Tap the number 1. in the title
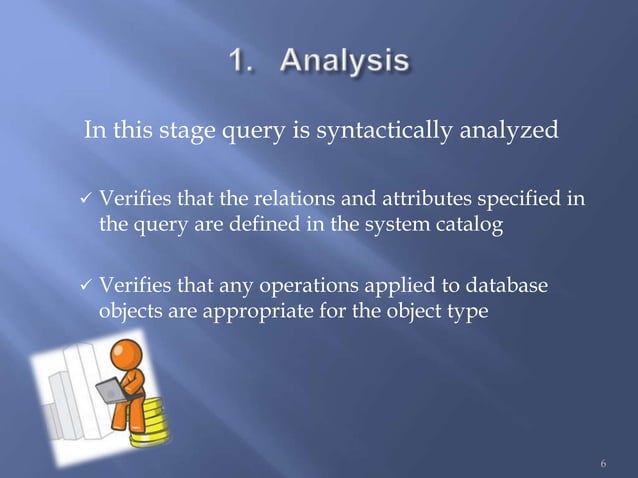click(242, 62)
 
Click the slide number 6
click(603, 463)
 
